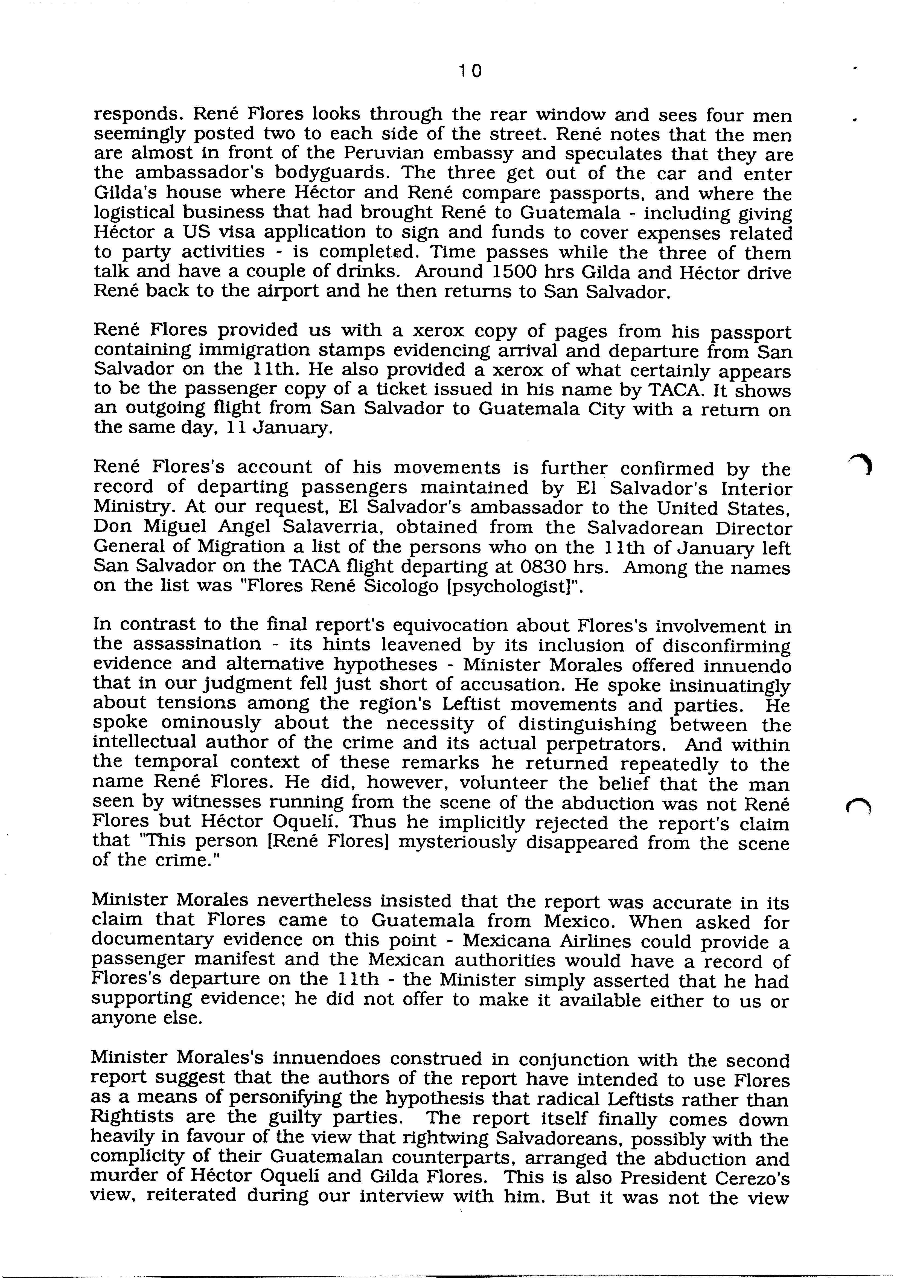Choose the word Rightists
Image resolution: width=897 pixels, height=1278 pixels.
[132, 1120]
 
